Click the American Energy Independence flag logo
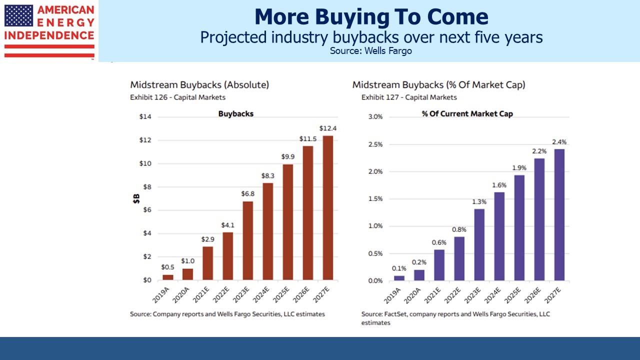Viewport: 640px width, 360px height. pyautogui.click(x=49, y=30)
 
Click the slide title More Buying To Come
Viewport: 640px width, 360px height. pyautogui.click(x=371, y=17)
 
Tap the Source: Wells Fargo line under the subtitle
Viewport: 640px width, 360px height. pyautogui.click(x=371, y=50)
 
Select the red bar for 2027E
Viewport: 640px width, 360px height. pyautogui.click(x=328, y=207)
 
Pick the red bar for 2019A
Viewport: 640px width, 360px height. pyautogui.click(x=168, y=277)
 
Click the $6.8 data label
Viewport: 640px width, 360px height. pyautogui.click(x=248, y=193)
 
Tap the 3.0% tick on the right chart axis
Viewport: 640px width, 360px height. pyautogui.click(x=374, y=117)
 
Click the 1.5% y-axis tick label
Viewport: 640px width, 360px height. pyautogui.click(x=374, y=199)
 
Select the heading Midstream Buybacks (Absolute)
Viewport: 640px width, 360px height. pyautogui.click(x=199, y=85)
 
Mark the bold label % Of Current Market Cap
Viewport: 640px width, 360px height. pyautogui.click(x=467, y=114)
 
